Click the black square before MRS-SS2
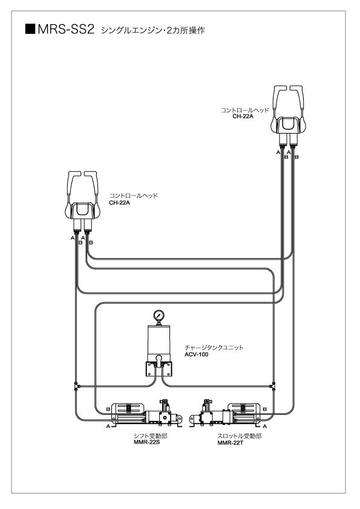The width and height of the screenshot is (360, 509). coord(30,29)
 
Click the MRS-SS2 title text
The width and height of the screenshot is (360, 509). coord(66,29)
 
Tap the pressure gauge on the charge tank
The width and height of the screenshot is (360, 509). coord(159,315)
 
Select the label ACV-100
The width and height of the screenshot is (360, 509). coord(196,354)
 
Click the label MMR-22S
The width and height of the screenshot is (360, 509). coord(147,442)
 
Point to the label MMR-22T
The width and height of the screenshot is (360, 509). coord(231,443)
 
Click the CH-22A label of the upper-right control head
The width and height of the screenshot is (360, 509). coord(243,116)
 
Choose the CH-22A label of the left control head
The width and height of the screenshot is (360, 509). coord(120,203)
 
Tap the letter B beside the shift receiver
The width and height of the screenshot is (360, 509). coord(108,409)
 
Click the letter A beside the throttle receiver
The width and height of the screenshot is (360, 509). coord(264,426)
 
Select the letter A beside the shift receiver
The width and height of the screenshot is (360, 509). coord(108,426)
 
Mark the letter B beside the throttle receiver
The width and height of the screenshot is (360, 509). coord(264,409)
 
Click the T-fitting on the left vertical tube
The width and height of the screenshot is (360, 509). coord(76,386)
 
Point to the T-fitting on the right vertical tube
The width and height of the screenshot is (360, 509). coord(273,386)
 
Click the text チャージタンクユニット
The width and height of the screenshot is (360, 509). coord(214,348)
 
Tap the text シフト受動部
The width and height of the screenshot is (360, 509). coord(151,436)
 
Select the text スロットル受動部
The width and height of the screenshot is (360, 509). coord(240,436)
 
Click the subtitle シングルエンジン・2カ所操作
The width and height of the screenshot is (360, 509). coord(152,30)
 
